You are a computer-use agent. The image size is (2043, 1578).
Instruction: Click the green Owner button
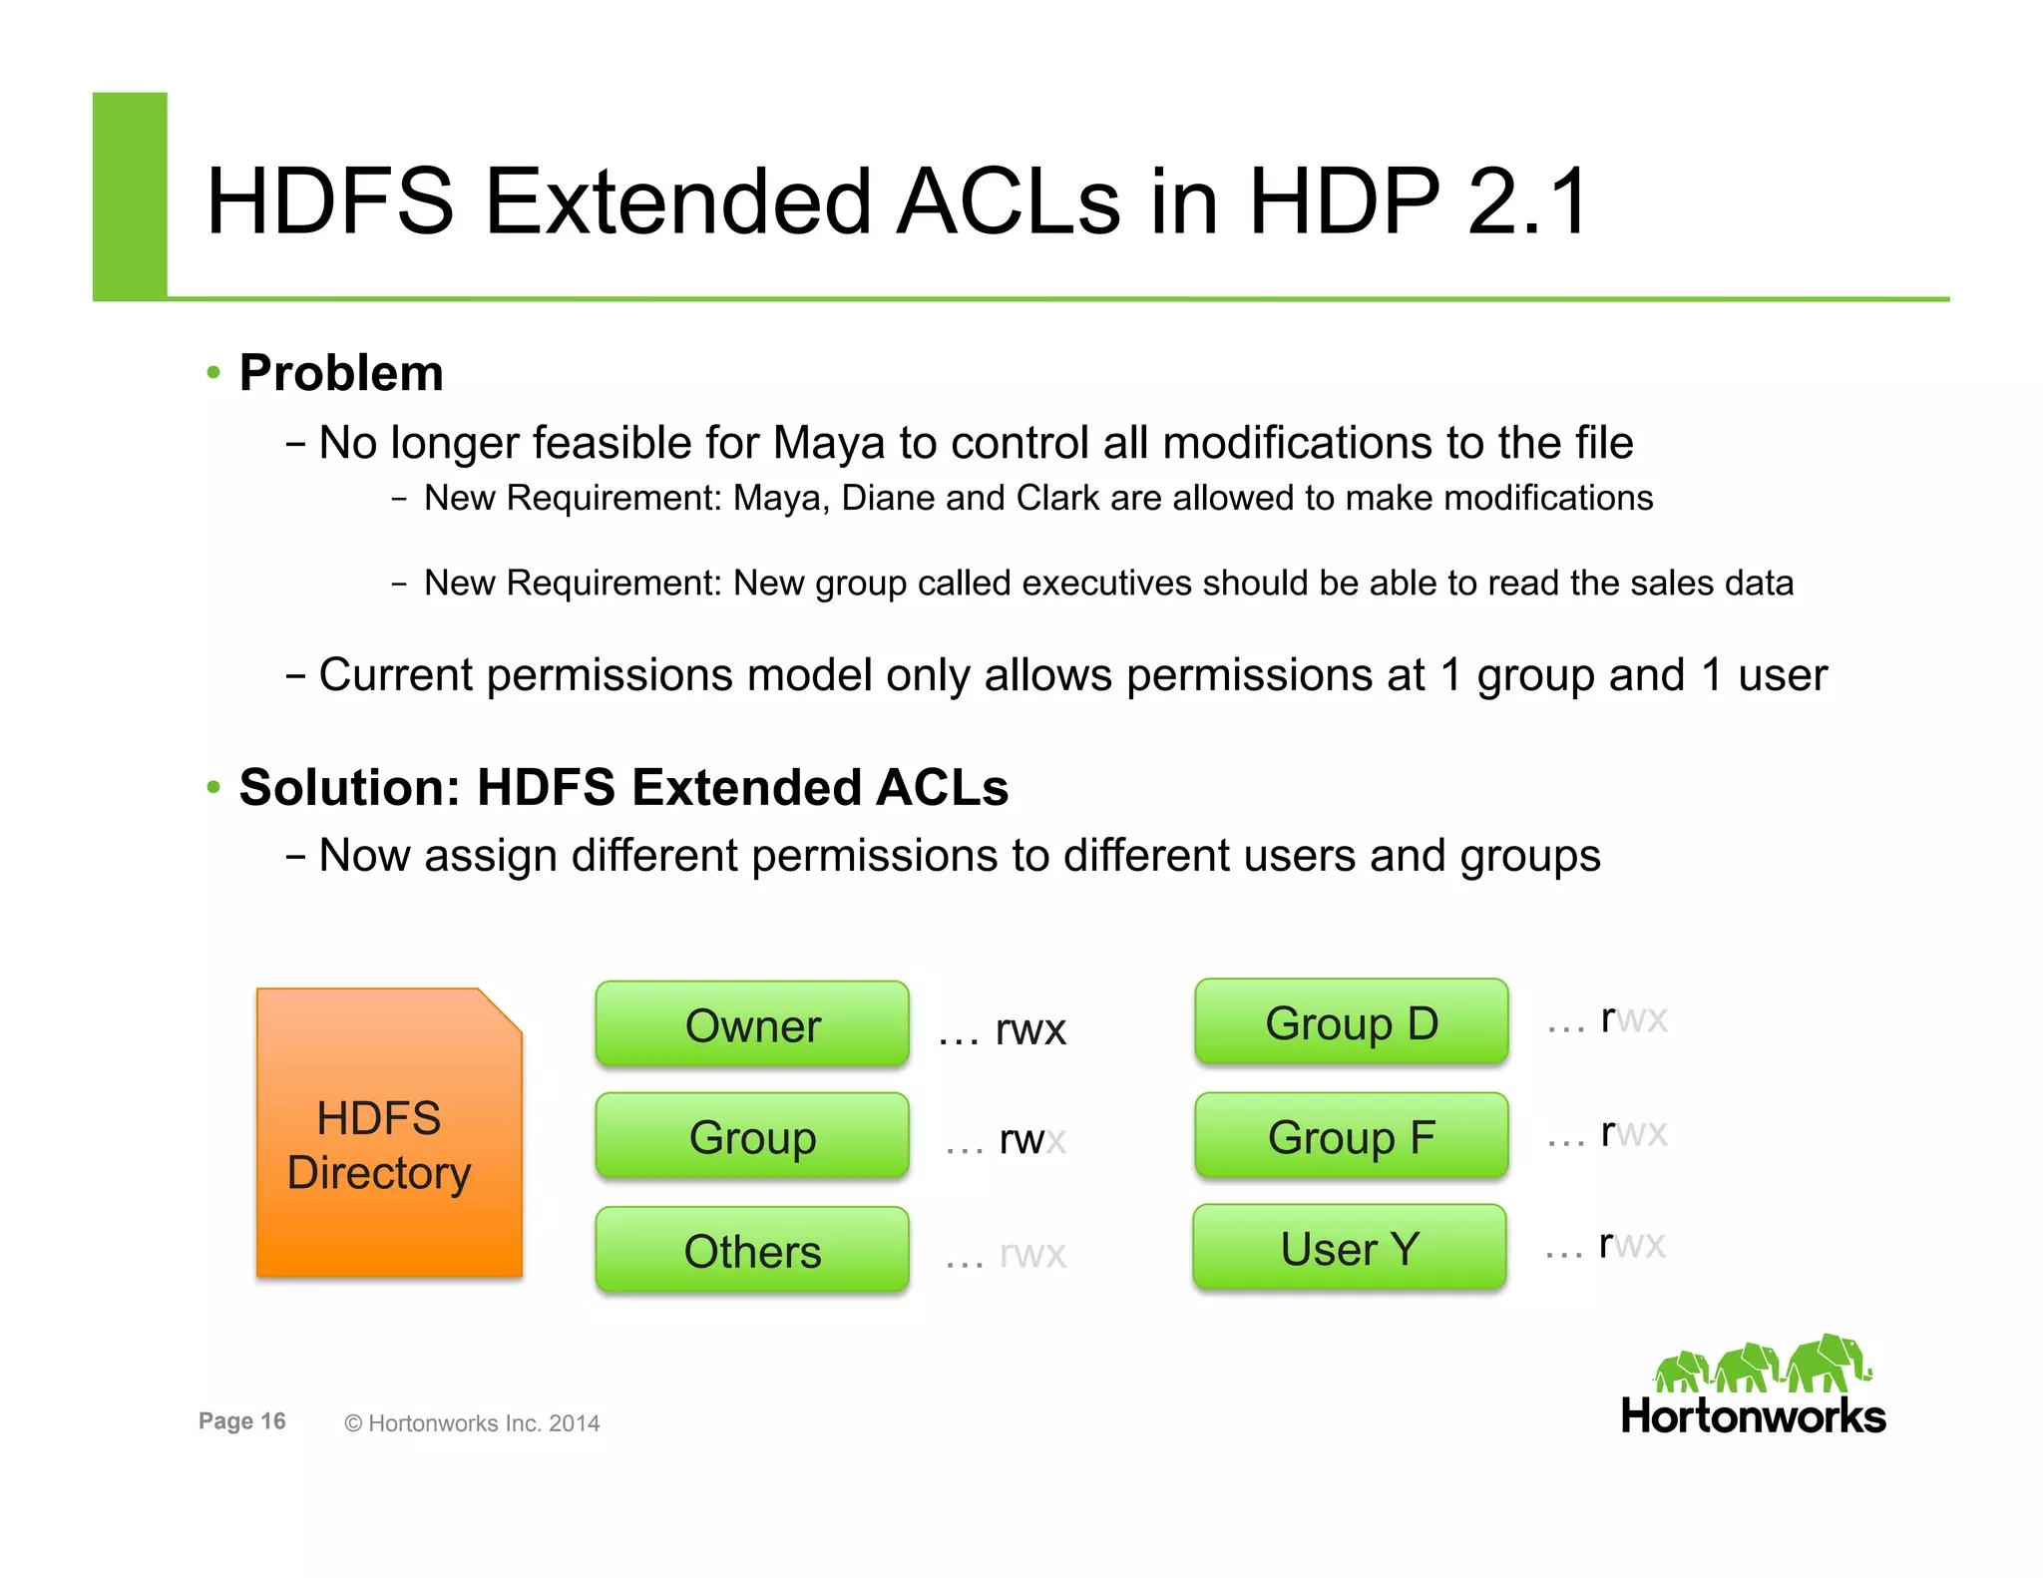coord(752,1024)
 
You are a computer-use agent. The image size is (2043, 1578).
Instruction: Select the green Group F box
coord(1351,1136)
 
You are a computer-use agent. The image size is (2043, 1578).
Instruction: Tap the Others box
coord(752,1250)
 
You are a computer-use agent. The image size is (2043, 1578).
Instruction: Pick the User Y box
coord(1349,1248)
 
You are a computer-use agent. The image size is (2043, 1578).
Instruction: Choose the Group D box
coord(1351,1022)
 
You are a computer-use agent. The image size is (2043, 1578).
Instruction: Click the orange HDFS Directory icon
coord(389,1133)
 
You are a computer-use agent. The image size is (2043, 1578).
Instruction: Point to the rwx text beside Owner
coord(1030,1030)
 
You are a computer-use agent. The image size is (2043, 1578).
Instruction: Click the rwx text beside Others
coord(1032,1254)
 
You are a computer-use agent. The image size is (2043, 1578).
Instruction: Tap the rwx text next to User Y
coord(1631,1244)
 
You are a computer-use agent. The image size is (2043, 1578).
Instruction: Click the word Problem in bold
coord(341,373)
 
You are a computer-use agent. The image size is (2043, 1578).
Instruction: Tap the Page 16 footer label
coord(241,1421)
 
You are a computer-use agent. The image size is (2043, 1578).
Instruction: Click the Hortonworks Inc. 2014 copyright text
coord(472,1423)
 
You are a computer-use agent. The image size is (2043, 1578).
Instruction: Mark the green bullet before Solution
coord(212,787)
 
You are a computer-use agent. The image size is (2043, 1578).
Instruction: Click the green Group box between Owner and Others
coord(752,1136)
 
